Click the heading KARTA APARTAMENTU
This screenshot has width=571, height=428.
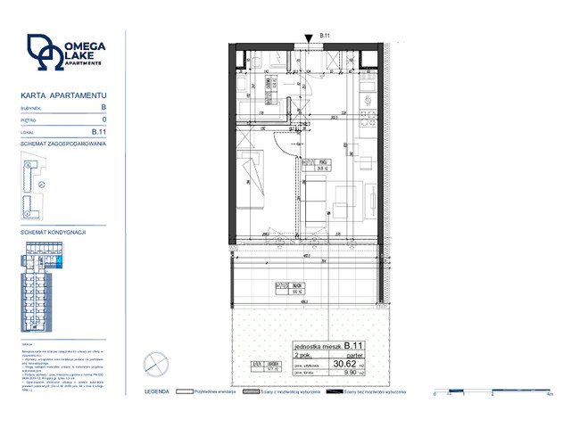click(62, 94)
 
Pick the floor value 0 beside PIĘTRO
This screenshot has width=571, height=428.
click(104, 119)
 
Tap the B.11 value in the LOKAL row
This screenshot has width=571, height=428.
click(100, 131)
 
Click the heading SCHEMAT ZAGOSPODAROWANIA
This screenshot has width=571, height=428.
click(62, 143)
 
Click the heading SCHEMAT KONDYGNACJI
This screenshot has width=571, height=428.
click(53, 232)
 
